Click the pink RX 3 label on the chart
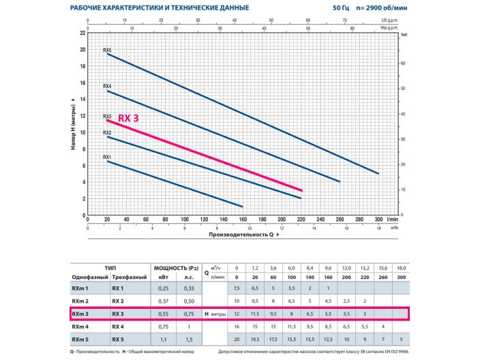[x=129, y=118]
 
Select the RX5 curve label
[x=107, y=50]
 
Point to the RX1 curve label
[x=107, y=157]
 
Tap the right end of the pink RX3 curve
[x=301, y=190]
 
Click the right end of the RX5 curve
[x=378, y=173]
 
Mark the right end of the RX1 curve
[x=243, y=206]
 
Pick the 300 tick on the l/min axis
[x=378, y=220]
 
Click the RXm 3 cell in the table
[x=81, y=314]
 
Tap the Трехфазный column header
[x=126, y=277]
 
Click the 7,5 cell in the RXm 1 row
[x=237, y=288]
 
